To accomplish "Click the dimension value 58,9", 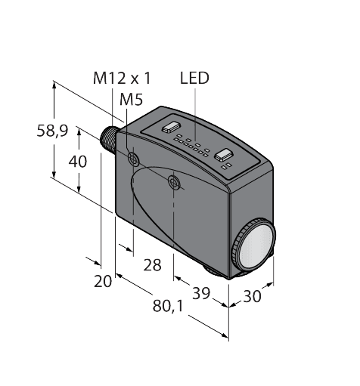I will click(53, 130).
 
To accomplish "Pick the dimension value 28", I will click(153, 264).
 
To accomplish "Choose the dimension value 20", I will click(103, 281).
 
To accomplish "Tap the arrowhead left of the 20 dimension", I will click(98, 263).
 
